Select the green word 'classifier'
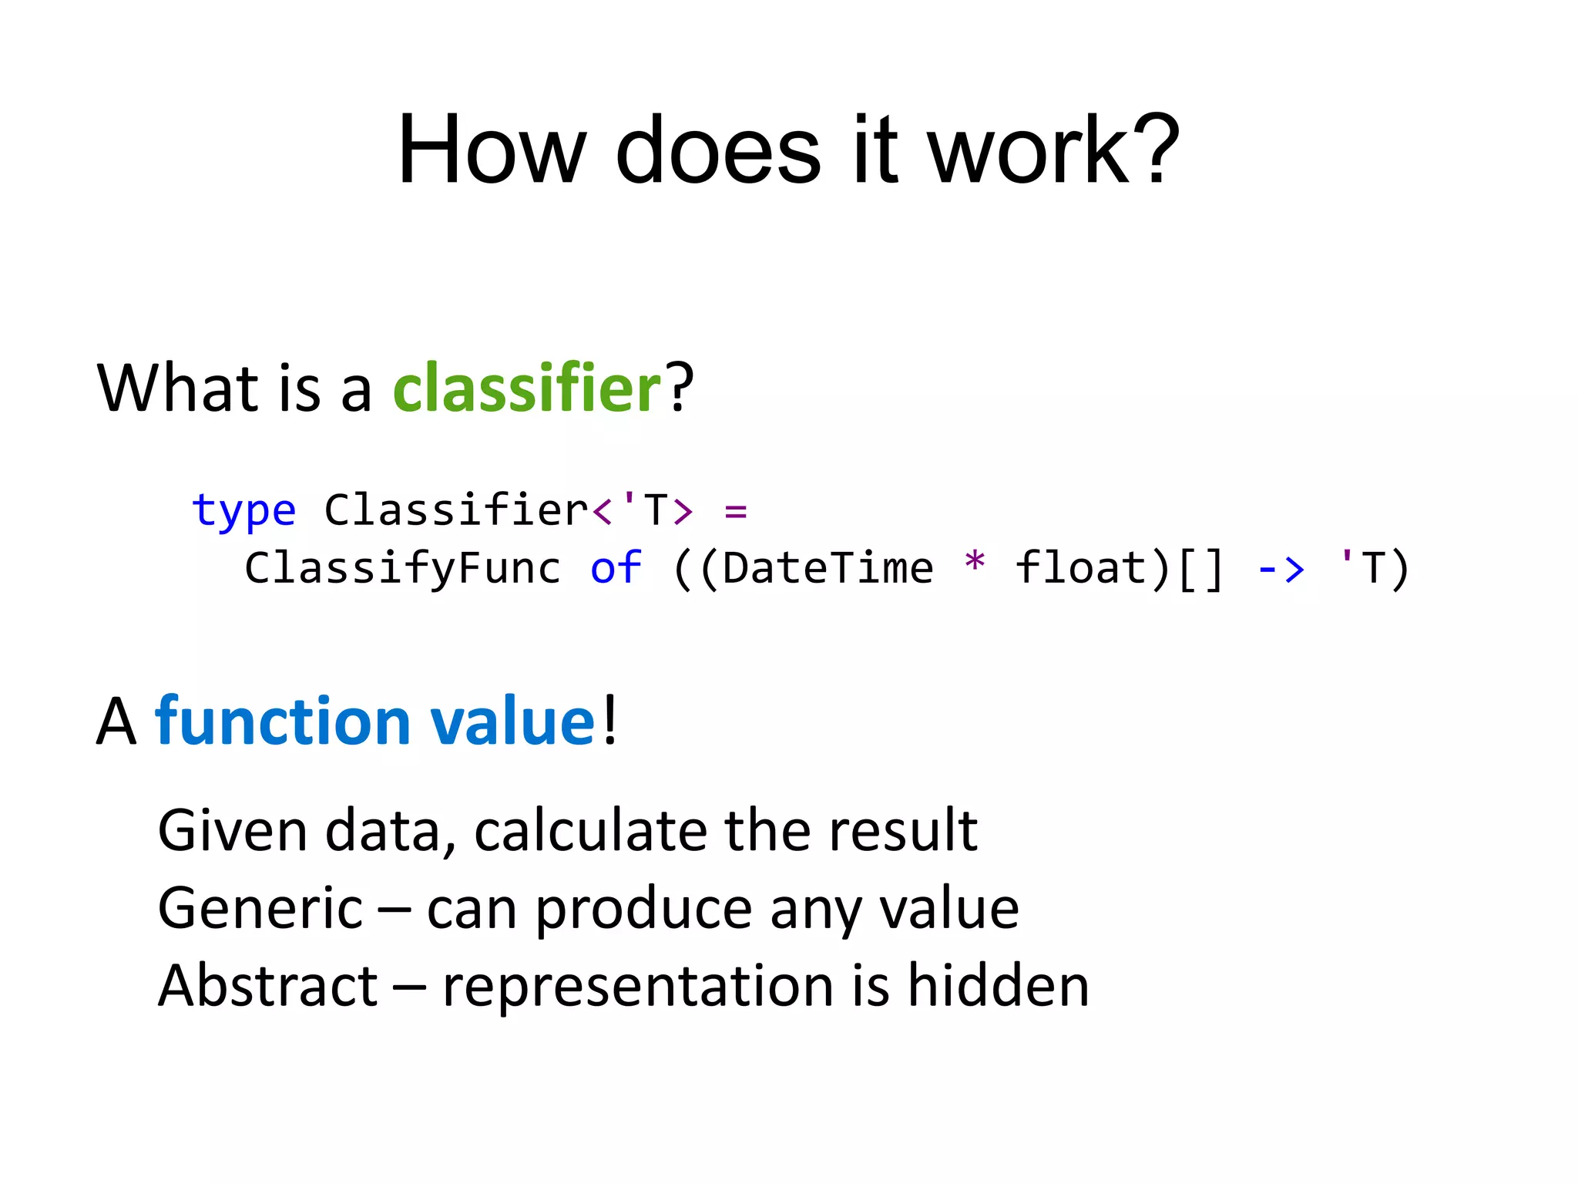[x=527, y=388]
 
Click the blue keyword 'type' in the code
[x=243, y=511]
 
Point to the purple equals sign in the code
[x=736, y=511]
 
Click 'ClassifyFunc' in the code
[x=402, y=569]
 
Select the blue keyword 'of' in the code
[x=616, y=569]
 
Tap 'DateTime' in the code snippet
[x=828, y=569]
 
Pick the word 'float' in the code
[x=1081, y=569]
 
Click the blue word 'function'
[x=282, y=721]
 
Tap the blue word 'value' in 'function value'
[x=512, y=721]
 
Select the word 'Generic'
[x=260, y=909]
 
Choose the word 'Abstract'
[x=267, y=986]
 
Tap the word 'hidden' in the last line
[x=999, y=986]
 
